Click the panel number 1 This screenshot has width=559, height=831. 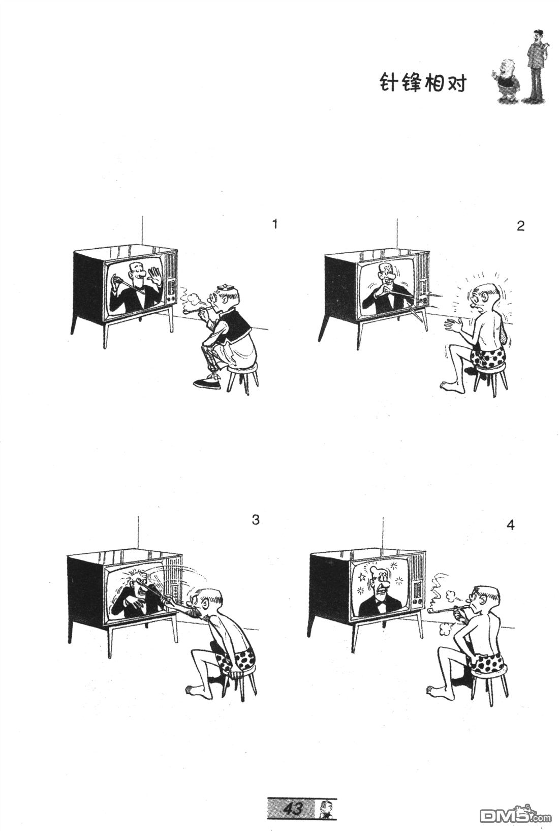tap(275, 224)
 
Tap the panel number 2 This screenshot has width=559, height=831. tap(521, 226)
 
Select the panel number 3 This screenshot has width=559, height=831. tap(256, 520)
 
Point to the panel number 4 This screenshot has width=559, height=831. tap(510, 525)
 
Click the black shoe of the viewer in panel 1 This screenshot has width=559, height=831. tap(207, 383)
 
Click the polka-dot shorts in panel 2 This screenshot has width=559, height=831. tap(487, 355)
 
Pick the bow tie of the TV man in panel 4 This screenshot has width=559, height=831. tap(382, 610)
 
